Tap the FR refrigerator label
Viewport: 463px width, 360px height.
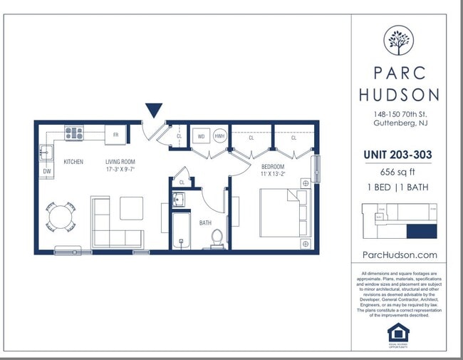click(115, 134)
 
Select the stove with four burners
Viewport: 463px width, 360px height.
click(74, 133)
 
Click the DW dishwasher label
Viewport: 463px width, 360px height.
click(47, 172)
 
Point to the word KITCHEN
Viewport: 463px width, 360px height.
click(73, 162)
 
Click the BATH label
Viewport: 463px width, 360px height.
click(205, 223)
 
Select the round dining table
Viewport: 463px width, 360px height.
click(61, 217)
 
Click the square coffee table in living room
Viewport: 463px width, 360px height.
click(131, 208)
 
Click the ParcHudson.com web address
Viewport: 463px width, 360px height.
click(399, 254)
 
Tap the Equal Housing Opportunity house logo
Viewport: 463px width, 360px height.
click(399, 331)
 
